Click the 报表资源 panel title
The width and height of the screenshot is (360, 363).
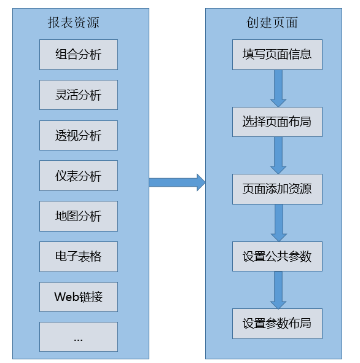pos(73,23)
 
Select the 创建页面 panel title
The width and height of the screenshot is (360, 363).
pos(272,23)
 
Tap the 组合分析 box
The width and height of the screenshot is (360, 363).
pos(79,55)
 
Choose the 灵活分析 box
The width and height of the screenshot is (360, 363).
pos(79,95)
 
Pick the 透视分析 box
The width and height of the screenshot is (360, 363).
pos(79,135)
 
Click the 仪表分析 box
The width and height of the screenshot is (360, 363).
pos(79,176)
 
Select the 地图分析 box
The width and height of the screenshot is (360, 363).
pos(79,216)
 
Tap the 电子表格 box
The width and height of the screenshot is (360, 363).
pos(79,257)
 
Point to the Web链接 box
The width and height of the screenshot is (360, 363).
pos(79,297)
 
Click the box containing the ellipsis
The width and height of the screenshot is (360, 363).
pos(79,337)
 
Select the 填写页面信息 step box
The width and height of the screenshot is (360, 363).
pos(277,55)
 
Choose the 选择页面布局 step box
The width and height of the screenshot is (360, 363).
pos(277,122)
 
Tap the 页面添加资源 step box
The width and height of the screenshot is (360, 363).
pos(277,189)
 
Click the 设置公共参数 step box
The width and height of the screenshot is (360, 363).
pos(277,257)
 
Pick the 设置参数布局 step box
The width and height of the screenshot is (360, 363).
pos(277,324)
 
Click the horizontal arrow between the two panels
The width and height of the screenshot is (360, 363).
pos(177,182)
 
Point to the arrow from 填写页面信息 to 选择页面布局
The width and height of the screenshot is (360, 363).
pos(278,88)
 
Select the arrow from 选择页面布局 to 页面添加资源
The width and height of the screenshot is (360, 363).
pos(278,155)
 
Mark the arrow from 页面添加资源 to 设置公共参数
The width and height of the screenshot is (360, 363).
pos(279,223)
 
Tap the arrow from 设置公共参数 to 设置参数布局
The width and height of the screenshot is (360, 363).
pos(278,290)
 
